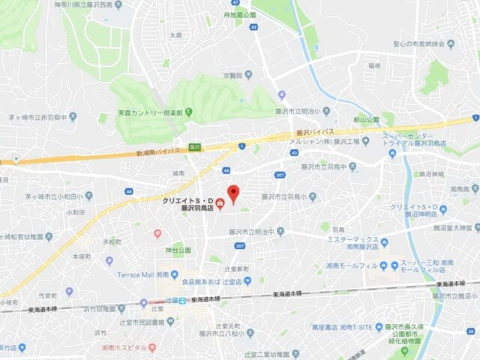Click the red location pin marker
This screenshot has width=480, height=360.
coord(233,193)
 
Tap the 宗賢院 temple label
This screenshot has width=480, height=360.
coord(232,75)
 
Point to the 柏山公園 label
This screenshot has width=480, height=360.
coord(367,118)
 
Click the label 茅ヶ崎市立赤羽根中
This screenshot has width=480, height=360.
coord(41,116)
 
